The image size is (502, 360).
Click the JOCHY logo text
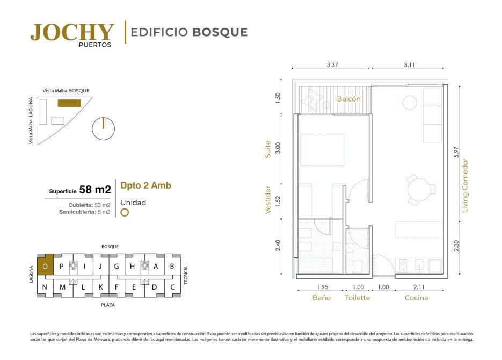pyautogui.click(x=72, y=32)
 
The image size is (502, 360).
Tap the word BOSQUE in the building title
pyautogui.click(x=220, y=32)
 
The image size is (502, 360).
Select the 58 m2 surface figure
pyautogui.click(x=95, y=190)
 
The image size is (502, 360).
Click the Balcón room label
pyautogui.click(x=348, y=99)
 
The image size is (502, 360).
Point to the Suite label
pyautogui.click(x=268, y=149)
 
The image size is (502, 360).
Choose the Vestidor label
pyautogui.click(x=268, y=199)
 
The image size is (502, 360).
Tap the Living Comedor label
pyautogui.click(x=465, y=185)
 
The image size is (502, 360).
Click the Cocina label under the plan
pyautogui.click(x=416, y=298)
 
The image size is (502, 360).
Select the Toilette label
pyautogui.click(x=357, y=298)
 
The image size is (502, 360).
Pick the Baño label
pyautogui.click(x=322, y=298)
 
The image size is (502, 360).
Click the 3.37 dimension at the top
pyautogui.click(x=332, y=64)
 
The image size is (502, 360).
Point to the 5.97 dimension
pyautogui.click(x=456, y=152)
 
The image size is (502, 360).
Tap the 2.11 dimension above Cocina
pyautogui.click(x=419, y=287)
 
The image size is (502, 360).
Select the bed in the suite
pyautogui.click(x=322, y=150)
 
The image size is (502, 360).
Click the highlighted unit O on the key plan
pyautogui.click(x=46, y=265)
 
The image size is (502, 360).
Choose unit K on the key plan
pyautogui.click(x=100, y=287)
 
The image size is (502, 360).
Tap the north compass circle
pyautogui.click(x=103, y=128)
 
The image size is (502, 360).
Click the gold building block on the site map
pyautogui.click(x=69, y=103)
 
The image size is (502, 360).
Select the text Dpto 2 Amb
pyautogui.click(x=145, y=185)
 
